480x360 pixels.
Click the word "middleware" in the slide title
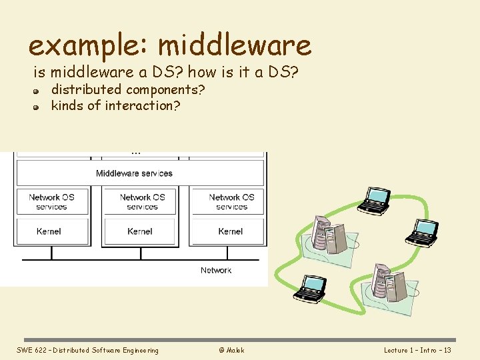(235, 45)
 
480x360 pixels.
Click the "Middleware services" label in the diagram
(134, 173)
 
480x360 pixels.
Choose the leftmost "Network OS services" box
(52, 202)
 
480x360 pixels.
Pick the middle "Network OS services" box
(142, 202)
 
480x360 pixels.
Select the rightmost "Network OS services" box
(231, 202)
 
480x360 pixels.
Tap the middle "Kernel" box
(140, 231)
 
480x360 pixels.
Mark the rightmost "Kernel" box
(231, 231)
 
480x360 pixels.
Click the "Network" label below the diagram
(216, 270)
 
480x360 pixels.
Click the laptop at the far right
(422, 231)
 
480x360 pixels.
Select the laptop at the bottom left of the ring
(311, 287)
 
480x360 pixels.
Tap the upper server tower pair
(329, 233)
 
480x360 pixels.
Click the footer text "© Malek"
(231, 350)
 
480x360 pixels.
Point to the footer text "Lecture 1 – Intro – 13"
(417, 350)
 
